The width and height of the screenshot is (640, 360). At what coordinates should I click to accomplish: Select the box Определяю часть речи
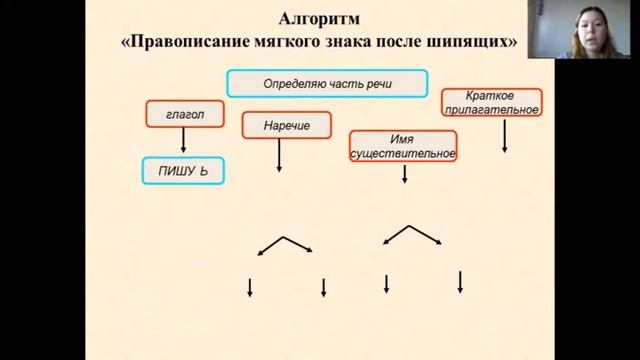click(327, 83)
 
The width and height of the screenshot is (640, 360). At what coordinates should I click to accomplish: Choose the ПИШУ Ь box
click(182, 172)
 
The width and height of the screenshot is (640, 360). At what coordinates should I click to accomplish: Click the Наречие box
click(287, 127)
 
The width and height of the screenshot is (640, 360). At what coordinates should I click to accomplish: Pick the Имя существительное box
click(403, 146)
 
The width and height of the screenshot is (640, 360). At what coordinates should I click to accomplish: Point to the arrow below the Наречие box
click(278, 156)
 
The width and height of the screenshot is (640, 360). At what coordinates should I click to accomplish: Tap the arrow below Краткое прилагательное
click(505, 135)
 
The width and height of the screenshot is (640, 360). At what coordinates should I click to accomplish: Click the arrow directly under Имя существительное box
click(404, 175)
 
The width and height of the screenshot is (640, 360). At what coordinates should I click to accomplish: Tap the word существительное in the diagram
click(403, 154)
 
